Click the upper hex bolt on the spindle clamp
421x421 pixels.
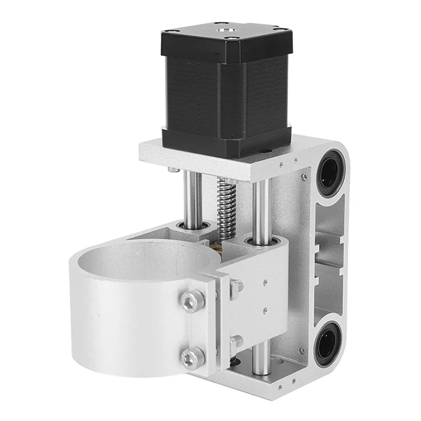(193, 300)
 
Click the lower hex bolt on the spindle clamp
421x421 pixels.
(192, 357)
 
